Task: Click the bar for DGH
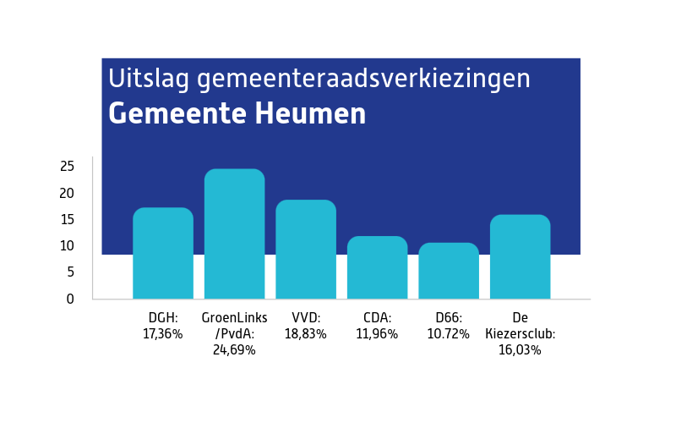[x=163, y=253]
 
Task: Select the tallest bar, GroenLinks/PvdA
[x=234, y=234]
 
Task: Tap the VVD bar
[x=306, y=250]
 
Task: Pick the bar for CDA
[x=377, y=267]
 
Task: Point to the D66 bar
[x=449, y=271]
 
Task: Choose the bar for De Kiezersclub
[x=520, y=257]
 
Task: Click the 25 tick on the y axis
[x=67, y=166]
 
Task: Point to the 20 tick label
[x=67, y=193]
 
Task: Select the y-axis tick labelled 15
[x=67, y=219]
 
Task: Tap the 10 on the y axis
[x=67, y=245]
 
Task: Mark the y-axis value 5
[x=70, y=272]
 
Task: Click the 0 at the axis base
[x=70, y=299]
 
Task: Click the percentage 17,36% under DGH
[x=163, y=333]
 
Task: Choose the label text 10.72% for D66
[x=449, y=333]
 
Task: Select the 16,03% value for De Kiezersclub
[x=520, y=349]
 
